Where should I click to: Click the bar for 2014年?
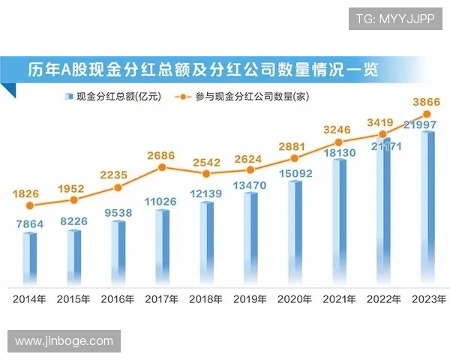(x=29, y=259)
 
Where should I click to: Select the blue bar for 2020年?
(x=295, y=233)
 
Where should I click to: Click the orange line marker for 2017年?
(x=162, y=167)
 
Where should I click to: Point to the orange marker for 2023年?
(x=427, y=115)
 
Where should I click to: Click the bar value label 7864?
(x=29, y=223)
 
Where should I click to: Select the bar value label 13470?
(x=250, y=184)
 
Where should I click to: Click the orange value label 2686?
(x=160, y=155)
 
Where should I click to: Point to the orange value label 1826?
(x=27, y=193)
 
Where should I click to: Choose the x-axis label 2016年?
(x=118, y=299)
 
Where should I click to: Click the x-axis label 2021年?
(x=339, y=299)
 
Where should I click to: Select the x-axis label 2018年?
(x=206, y=299)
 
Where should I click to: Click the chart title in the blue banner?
(x=202, y=70)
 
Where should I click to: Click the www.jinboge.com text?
(x=64, y=341)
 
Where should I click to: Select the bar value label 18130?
(x=339, y=152)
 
